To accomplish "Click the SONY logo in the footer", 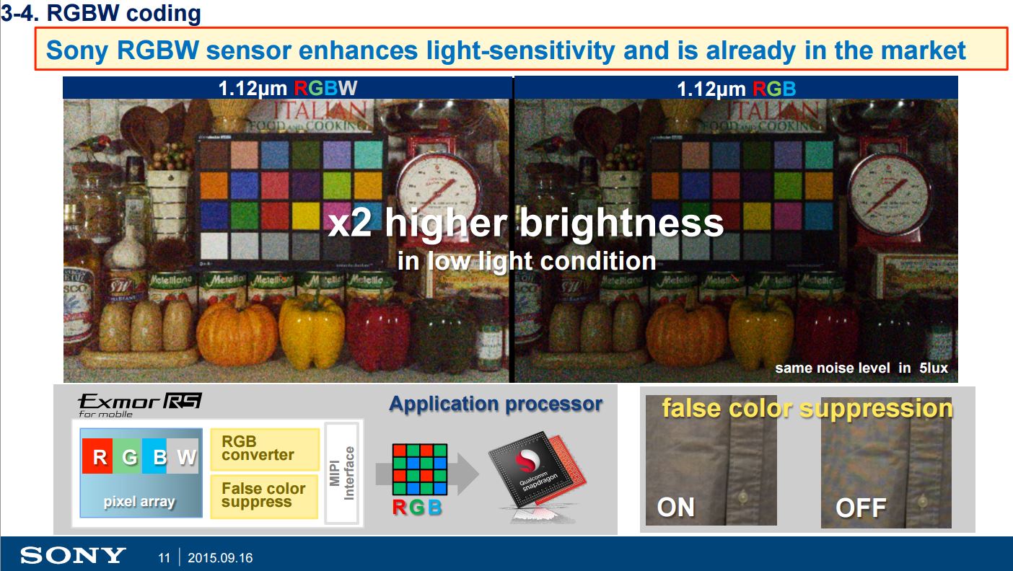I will coord(73,556).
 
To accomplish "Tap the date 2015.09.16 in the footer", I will coord(220,558).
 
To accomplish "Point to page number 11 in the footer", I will coord(164,558).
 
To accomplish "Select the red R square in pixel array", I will coord(100,457).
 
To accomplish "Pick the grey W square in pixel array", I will coord(184,457).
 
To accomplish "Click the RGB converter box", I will coord(264,448).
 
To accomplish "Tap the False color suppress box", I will coord(264,495).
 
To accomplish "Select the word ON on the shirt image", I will coord(676,507).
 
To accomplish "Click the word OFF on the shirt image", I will coord(860,508).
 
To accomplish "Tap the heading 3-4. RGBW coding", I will coord(100,14).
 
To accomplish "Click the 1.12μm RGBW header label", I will coord(287,89).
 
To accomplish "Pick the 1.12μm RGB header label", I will coord(736,89).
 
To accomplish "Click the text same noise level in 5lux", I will coord(861,368).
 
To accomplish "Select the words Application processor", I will coord(496,404).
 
